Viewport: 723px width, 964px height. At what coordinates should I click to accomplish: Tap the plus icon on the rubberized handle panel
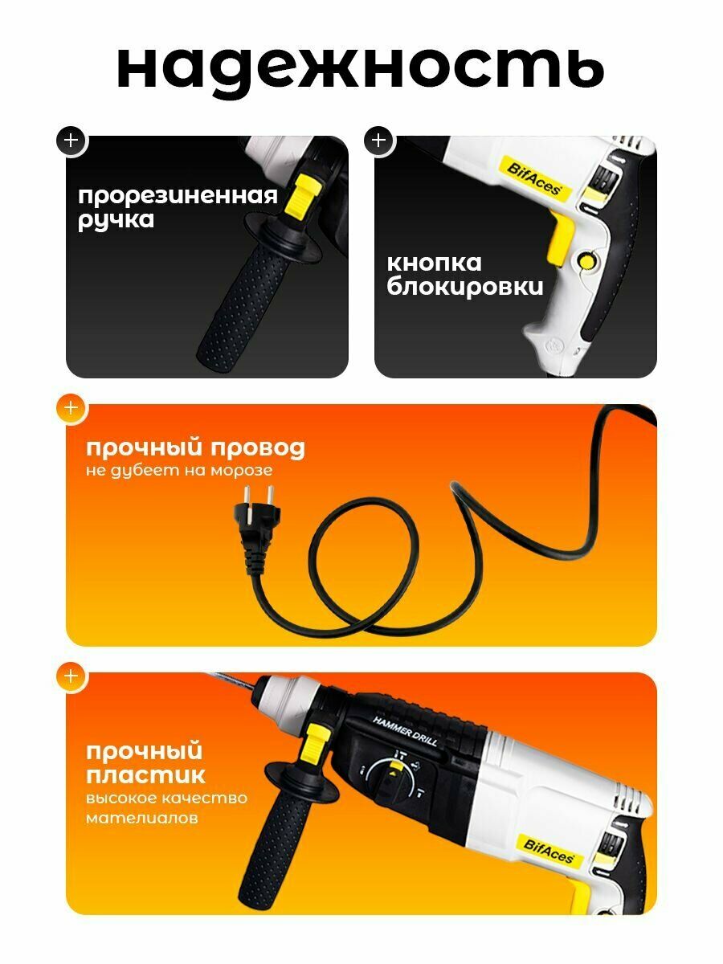(71, 140)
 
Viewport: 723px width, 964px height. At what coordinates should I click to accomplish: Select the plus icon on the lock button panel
(379, 140)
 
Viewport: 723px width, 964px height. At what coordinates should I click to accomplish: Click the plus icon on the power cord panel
(71, 408)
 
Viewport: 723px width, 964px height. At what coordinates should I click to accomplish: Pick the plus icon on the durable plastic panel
(71, 676)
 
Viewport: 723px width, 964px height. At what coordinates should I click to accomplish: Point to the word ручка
(116, 219)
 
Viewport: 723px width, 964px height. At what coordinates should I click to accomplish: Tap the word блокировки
(465, 287)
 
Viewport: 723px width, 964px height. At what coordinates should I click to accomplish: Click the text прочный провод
(195, 447)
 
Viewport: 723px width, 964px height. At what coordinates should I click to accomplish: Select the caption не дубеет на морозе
(178, 471)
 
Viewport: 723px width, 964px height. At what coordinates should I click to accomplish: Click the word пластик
(145, 775)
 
